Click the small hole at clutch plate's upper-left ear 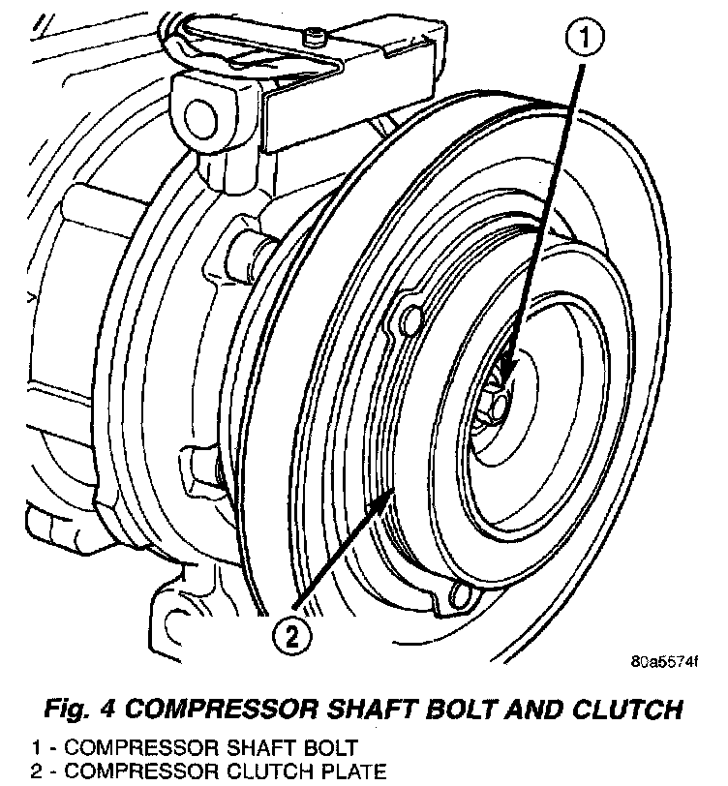[x=409, y=318]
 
